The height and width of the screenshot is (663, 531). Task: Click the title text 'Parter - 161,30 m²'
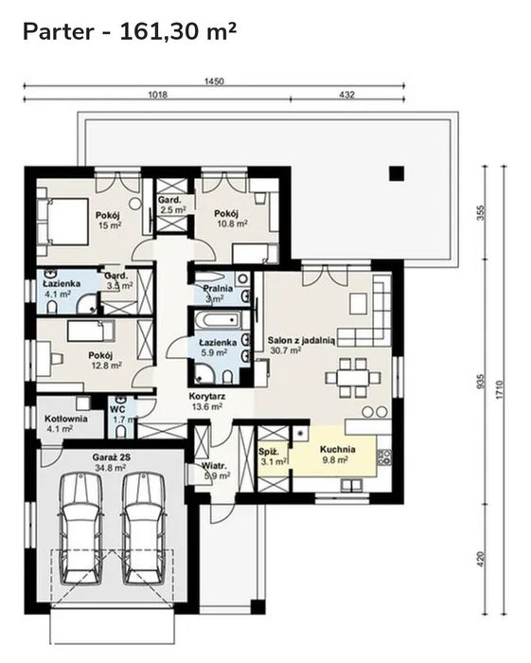coord(130,31)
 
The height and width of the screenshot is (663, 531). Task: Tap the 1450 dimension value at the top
coord(214,81)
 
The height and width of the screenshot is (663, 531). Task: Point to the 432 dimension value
coord(346,95)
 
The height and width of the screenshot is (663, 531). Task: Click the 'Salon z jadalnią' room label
coord(302,340)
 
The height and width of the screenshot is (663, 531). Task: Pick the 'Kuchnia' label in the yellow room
coord(338,449)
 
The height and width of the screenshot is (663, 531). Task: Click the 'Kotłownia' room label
coord(66,419)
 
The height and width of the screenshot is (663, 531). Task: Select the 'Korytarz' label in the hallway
coord(207,397)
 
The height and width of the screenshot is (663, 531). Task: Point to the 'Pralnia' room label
coord(218,288)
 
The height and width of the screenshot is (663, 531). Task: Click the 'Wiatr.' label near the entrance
coord(214,466)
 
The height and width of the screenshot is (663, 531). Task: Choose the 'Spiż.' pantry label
coord(269,452)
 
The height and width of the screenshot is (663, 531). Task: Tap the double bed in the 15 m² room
coord(62,222)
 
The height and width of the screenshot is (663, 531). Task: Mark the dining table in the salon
coord(353,377)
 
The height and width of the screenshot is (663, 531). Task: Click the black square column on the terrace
coord(397,173)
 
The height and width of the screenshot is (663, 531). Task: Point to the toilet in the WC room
coord(121,431)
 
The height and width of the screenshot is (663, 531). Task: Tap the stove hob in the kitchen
coord(384,457)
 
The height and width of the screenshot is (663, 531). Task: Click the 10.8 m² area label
coord(232,224)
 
